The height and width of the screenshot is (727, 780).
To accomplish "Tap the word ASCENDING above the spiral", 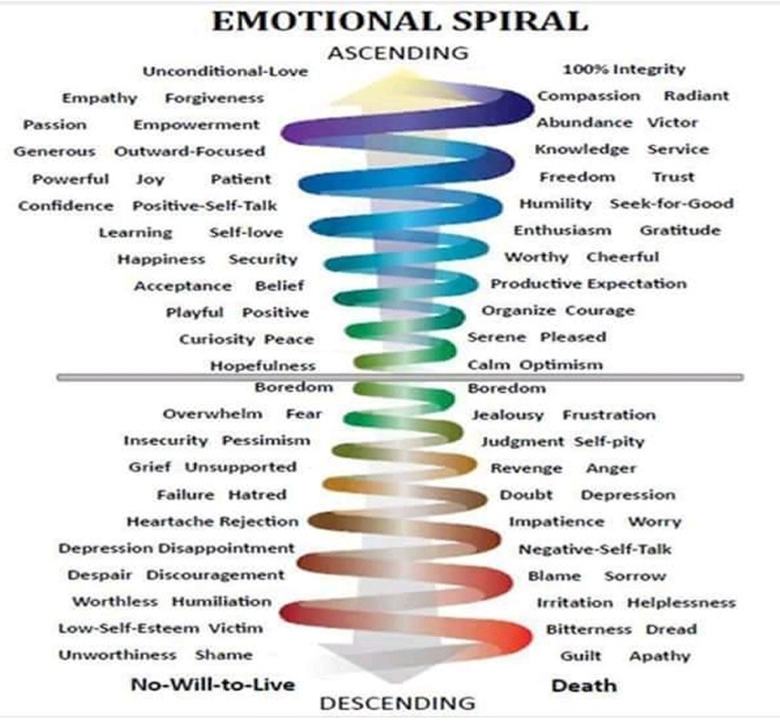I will pos(398,53).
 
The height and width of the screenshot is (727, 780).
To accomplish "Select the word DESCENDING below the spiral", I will pos(397,703).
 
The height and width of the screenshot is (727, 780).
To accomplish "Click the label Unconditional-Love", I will pos(219,71).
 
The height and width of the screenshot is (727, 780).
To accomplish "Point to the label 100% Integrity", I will pos(624,69).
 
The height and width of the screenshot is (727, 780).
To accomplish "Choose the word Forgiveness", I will pos(214,98).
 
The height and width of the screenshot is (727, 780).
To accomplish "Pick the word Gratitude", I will pos(680,230).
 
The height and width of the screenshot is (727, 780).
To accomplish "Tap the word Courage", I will pos(600,310).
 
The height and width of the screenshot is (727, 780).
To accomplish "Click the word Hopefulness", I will pos(262,365).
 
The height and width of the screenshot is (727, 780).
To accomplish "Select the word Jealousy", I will pos(507,415).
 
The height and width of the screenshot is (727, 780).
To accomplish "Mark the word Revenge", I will pos(526,469).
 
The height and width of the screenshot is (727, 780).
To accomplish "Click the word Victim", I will pos(236,628).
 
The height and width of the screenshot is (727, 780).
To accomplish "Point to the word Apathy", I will pos(660,656).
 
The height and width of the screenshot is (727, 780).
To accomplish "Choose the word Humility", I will pos(555,204).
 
